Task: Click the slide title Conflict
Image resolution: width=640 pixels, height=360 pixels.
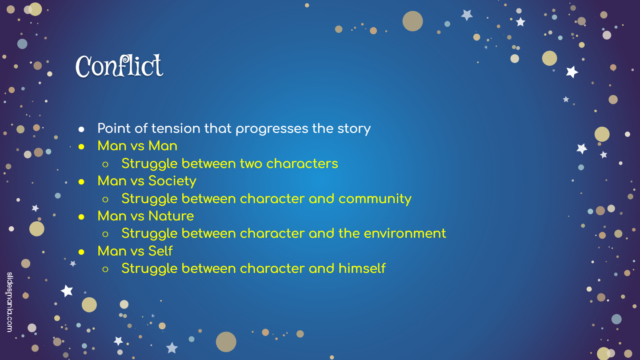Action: [x=119, y=66]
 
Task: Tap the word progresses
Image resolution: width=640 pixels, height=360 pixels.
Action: [x=272, y=129]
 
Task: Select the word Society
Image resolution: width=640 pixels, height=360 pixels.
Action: [x=172, y=181]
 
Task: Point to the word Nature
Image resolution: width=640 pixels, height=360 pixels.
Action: [x=171, y=216]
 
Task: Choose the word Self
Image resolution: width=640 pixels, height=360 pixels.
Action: [x=160, y=251]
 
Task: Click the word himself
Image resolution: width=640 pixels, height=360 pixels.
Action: [x=362, y=268]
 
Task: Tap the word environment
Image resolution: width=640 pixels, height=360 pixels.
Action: [x=405, y=233]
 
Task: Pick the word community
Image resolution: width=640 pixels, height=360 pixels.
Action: [x=375, y=199]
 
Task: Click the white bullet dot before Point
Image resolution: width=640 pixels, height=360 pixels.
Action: [x=81, y=129]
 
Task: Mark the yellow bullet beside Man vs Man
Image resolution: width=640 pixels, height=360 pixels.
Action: [x=81, y=147]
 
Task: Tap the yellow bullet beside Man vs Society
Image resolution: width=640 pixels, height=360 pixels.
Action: [x=81, y=182]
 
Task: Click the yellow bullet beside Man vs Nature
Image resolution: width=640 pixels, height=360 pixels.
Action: [x=81, y=217]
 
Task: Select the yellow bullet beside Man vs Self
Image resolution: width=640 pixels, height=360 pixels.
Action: [x=81, y=252]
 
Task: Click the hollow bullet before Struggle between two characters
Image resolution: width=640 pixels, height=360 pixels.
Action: [x=105, y=164]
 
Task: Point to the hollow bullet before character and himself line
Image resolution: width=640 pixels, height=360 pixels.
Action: [x=105, y=269]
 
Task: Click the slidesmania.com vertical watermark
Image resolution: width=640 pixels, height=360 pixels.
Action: [x=10, y=302]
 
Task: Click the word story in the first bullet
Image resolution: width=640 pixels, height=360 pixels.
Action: [x=354, y=129]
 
